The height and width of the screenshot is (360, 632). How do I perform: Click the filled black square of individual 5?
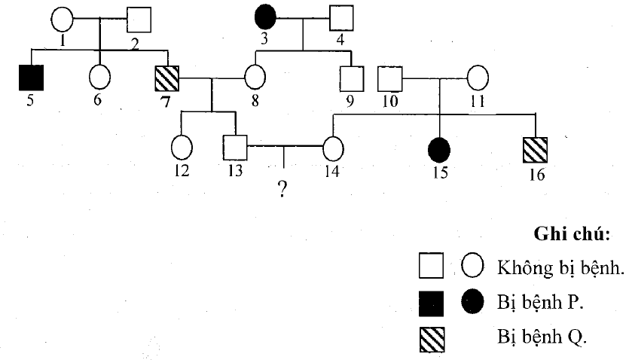[32, 77]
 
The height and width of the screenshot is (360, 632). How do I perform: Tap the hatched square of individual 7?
[166, 77]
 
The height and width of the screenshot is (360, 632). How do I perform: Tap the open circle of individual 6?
[100, 77]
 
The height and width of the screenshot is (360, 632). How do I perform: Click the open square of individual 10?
[388, 78]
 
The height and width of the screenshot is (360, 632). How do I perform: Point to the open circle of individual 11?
[478, 78]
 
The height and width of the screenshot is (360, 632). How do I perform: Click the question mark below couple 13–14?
[282, 188]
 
